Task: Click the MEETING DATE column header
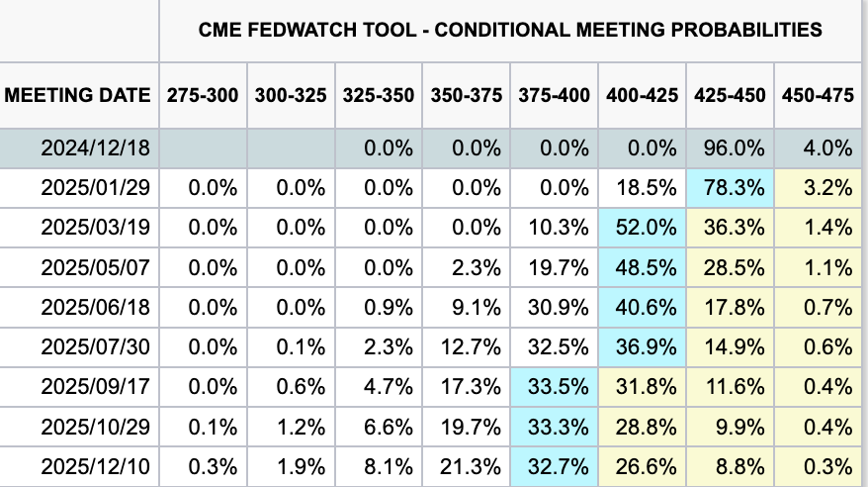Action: (x=77, y=95)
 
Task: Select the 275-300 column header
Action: (x=203, y=95)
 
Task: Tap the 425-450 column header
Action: (x=730, y=95)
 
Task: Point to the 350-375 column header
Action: (x=466, y=95)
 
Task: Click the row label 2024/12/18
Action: (x=95, y=147)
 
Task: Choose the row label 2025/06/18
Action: (x=95, y=307)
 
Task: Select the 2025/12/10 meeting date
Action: (x=95, y=466)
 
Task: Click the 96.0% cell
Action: (x=734, y=147)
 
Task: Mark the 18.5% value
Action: (x=646, y=188)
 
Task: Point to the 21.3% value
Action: (x=471, y=466)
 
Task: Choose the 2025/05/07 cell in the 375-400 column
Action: (x=558, y=267)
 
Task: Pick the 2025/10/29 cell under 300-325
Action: (x=301, y=427)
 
